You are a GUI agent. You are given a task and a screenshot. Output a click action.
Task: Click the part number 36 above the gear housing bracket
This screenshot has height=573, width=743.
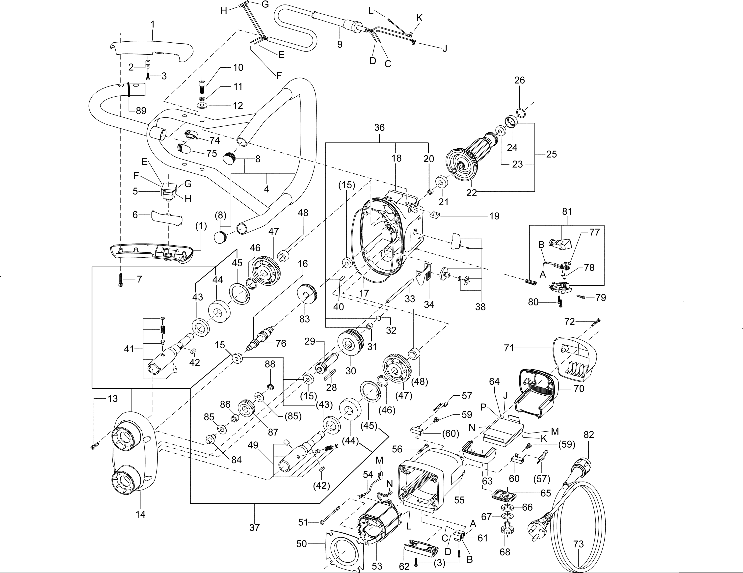coord(379,128)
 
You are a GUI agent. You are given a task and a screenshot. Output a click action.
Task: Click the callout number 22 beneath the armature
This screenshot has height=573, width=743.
coord(472,192)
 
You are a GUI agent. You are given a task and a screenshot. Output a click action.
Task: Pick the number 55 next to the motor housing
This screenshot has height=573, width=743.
coord(459,500)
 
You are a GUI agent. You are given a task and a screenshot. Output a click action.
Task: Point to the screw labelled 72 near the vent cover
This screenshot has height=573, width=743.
coord(596,322)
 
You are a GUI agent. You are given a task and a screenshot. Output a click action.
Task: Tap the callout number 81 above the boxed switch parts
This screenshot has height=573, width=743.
coord(567,212)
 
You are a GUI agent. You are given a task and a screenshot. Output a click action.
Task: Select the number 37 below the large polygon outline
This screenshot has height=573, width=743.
coord(254,527)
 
